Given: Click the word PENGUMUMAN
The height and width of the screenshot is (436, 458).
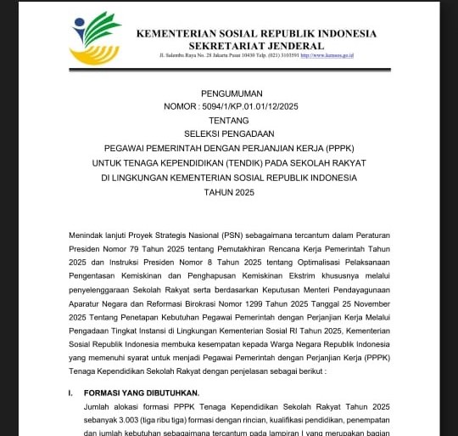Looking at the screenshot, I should (x=232, y=93).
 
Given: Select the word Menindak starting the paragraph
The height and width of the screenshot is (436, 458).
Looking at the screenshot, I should (x=88, y=231).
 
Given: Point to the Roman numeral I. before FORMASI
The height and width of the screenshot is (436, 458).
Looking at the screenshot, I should (x=71, y=393).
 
